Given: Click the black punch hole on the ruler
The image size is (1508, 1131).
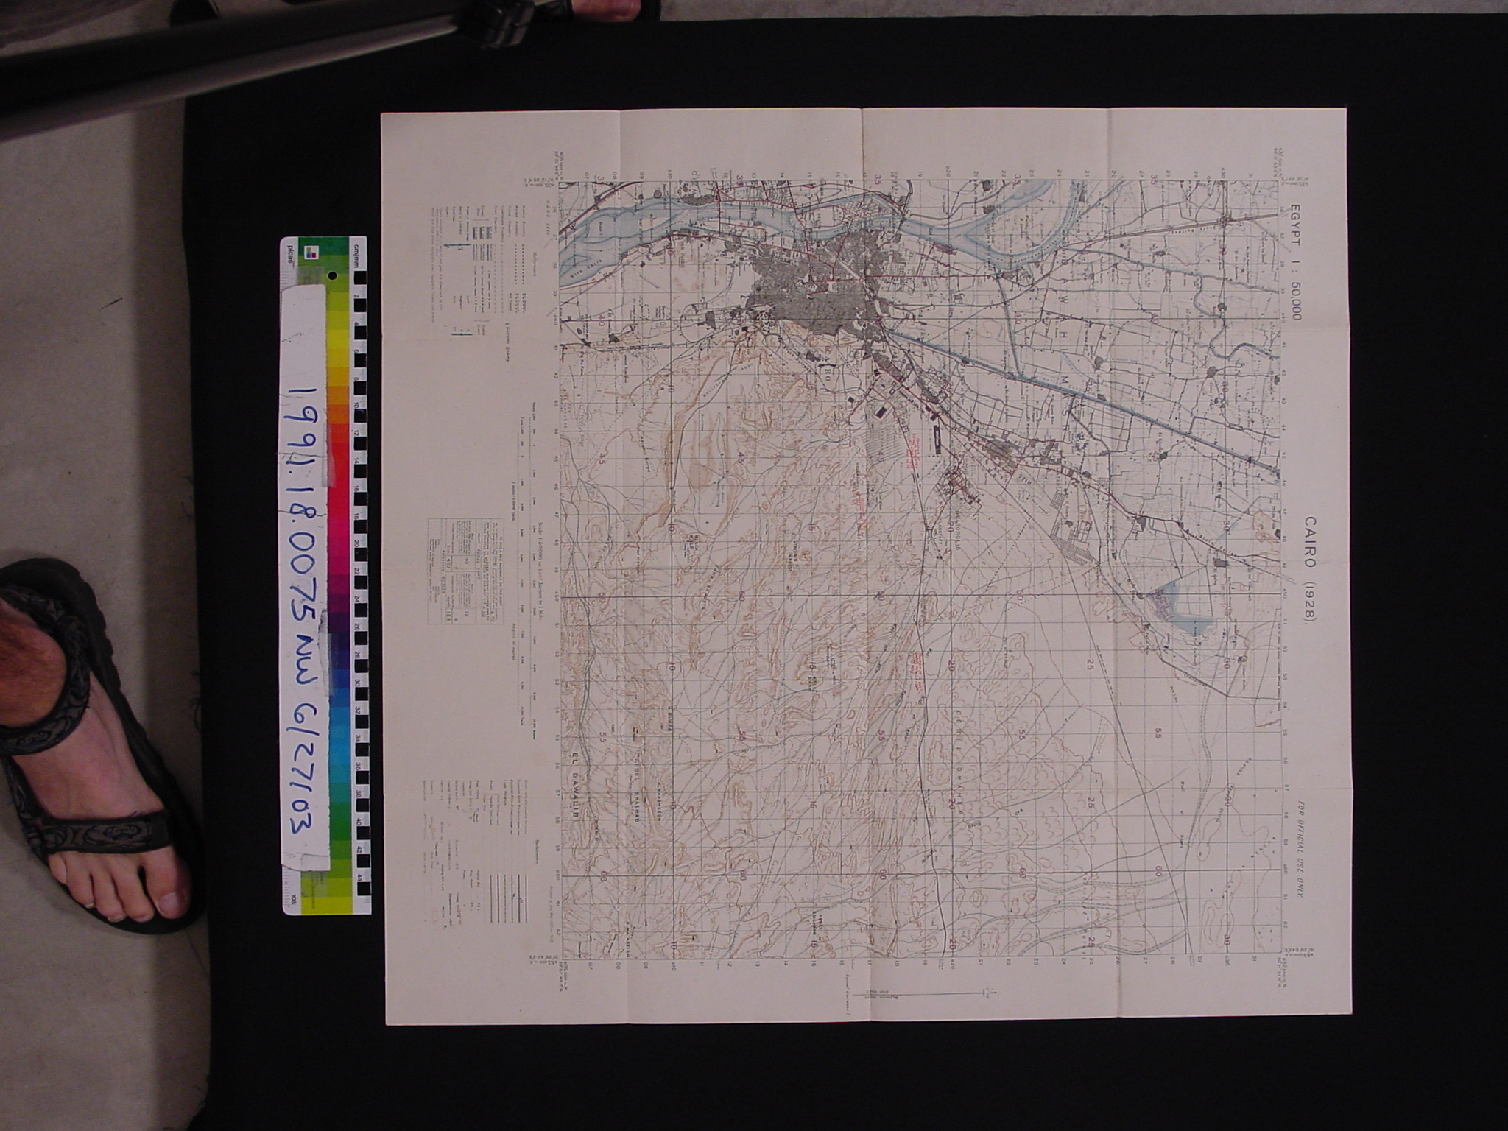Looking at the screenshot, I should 332,277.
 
